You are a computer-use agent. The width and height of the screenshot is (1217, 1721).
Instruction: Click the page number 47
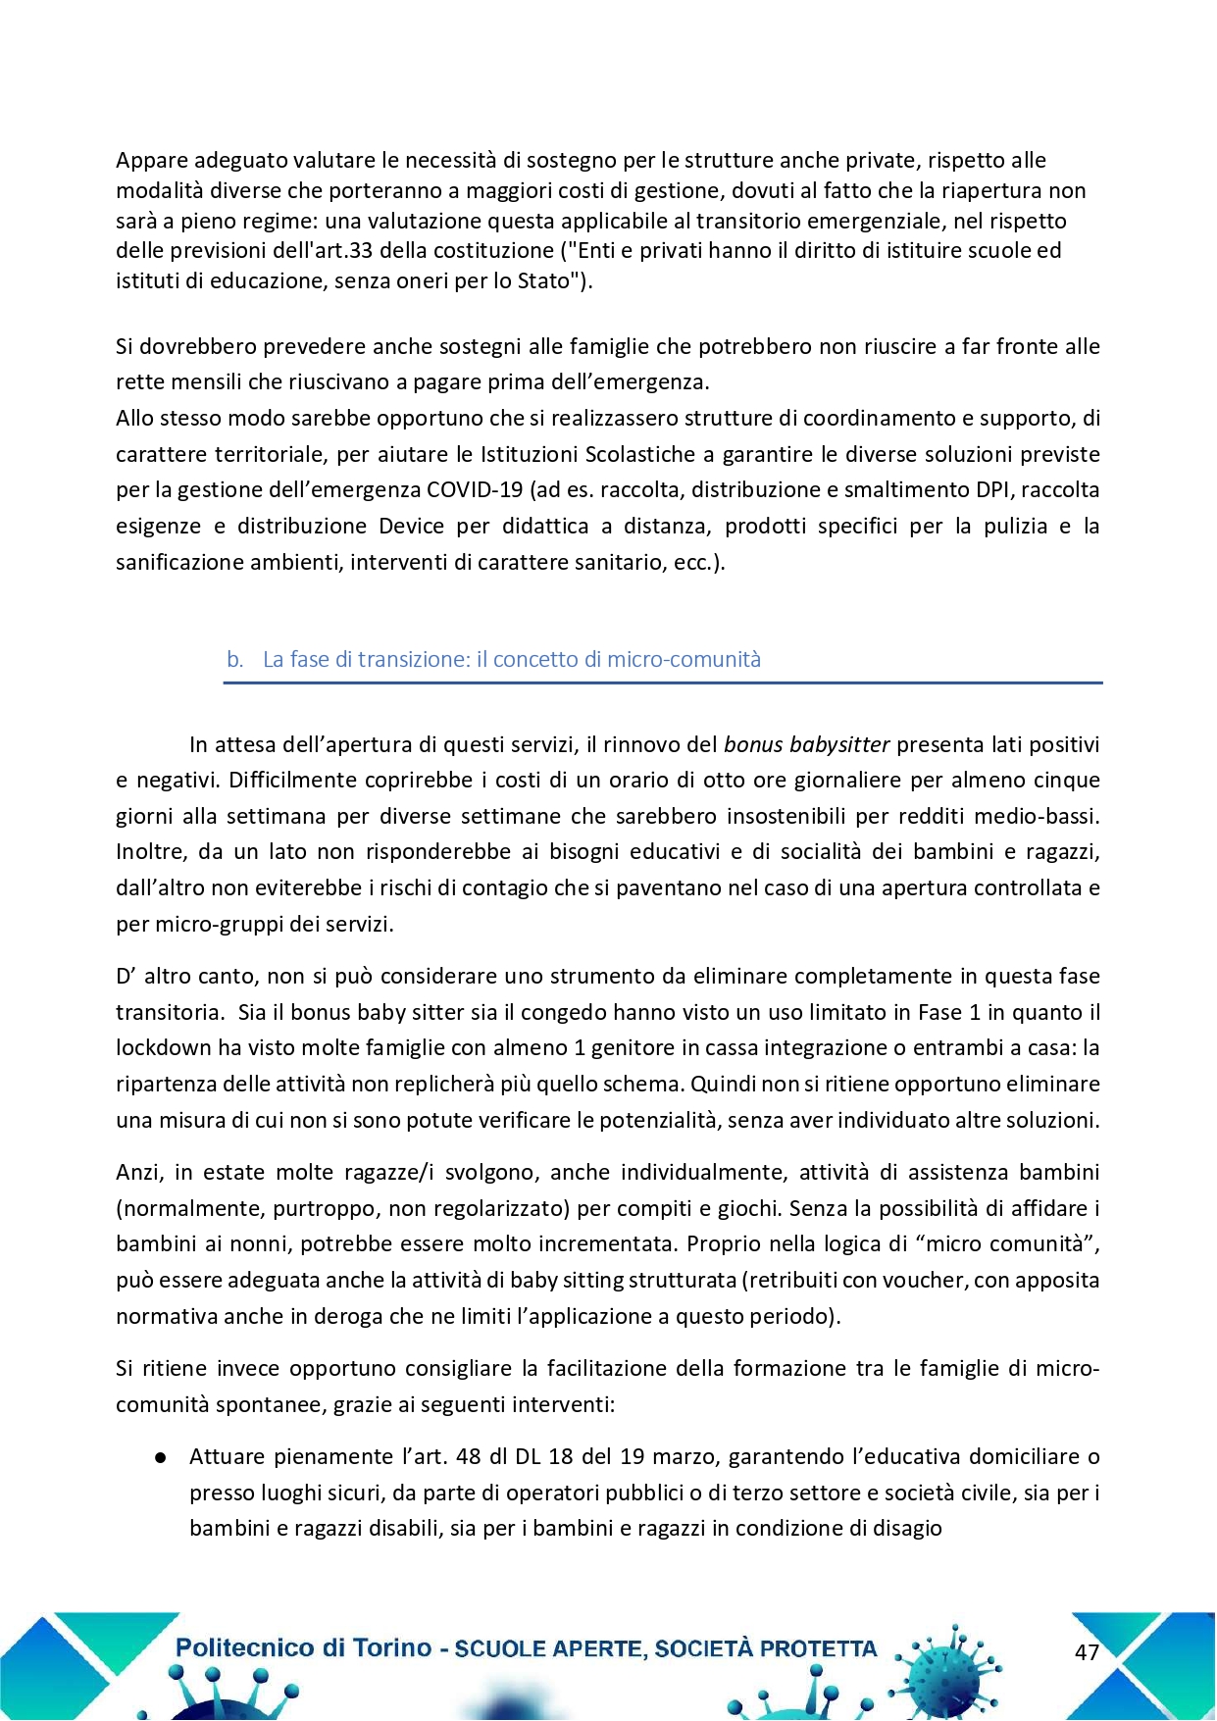[1087, 1652]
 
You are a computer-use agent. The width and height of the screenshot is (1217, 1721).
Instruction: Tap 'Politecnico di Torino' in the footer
[303, 1647]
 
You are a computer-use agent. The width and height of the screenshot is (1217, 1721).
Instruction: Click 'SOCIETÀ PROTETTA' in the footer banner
[766, 1648]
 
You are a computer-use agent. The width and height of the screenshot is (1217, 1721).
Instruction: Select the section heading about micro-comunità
[511, 659]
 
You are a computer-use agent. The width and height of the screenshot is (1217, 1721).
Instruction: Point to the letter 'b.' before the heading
[234, 659]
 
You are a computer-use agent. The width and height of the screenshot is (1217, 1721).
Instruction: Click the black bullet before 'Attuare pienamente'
[159, 1457]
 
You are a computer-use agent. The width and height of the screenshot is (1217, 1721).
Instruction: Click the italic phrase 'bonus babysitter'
[806, 744]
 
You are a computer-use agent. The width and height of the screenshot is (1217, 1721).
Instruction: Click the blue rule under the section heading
[663, 683]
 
